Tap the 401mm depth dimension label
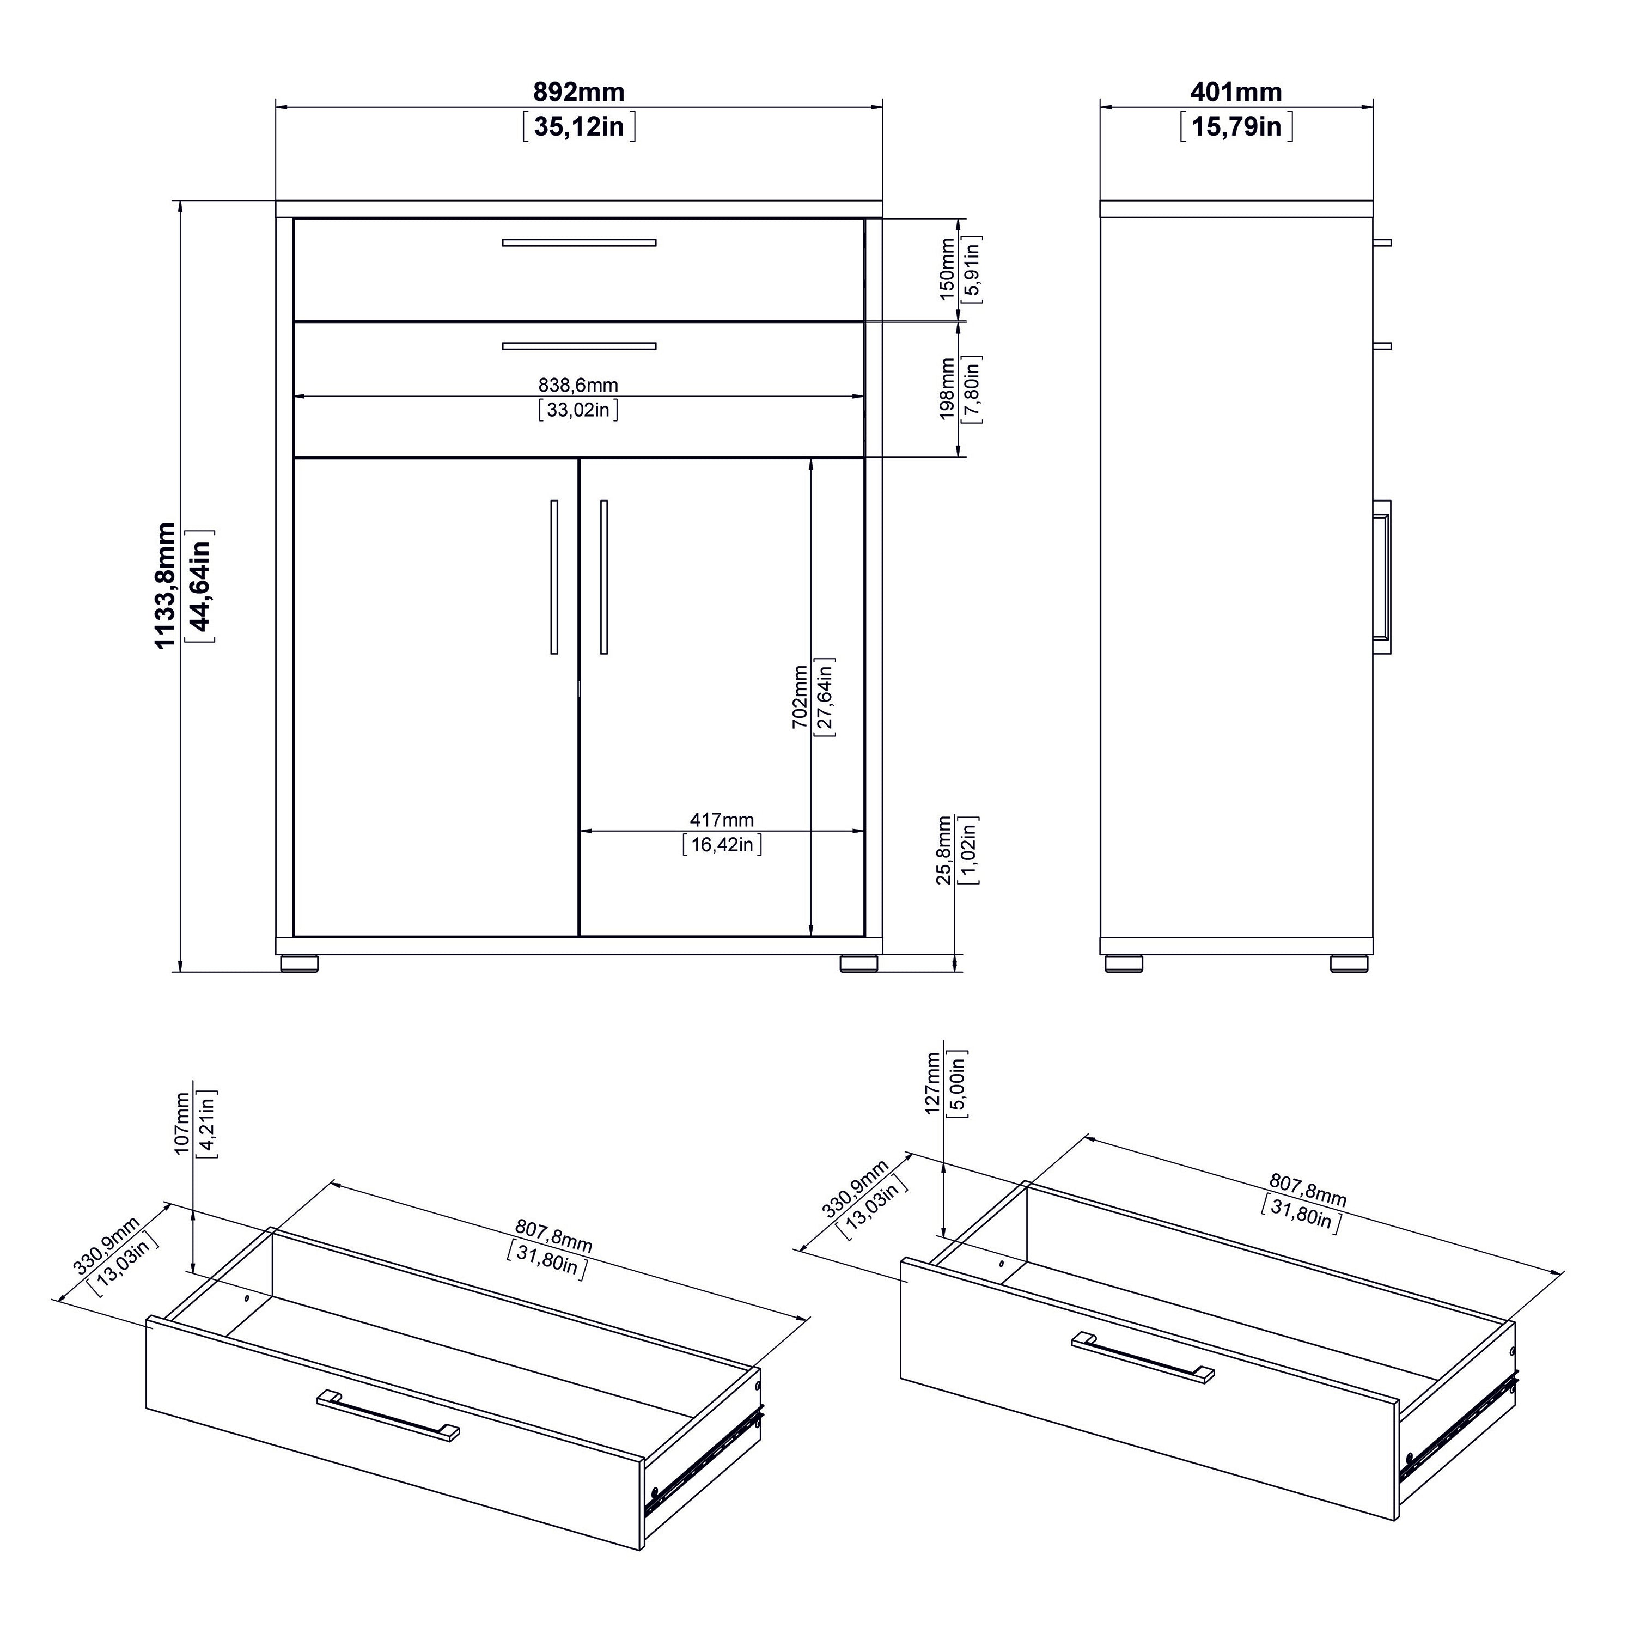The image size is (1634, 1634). tap(1236, 92)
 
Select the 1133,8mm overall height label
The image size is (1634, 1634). tap(166, 586)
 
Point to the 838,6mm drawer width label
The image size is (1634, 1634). tap(578, 386)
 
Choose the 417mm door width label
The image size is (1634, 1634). tap(722, 820)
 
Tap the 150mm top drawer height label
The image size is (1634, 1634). tap(947, 269)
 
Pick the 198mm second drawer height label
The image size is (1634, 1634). tap(947, 389)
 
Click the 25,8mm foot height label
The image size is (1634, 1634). tap(944, 851)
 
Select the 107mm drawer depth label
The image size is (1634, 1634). tap(182, 1125)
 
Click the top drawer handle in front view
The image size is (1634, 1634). tap(578, 243)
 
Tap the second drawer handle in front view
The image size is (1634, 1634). tap(578, 346)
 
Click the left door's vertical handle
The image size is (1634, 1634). tap(554, 577)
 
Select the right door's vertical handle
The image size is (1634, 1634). tap(604, 577)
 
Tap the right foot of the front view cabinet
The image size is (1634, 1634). tap(859, 964)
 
